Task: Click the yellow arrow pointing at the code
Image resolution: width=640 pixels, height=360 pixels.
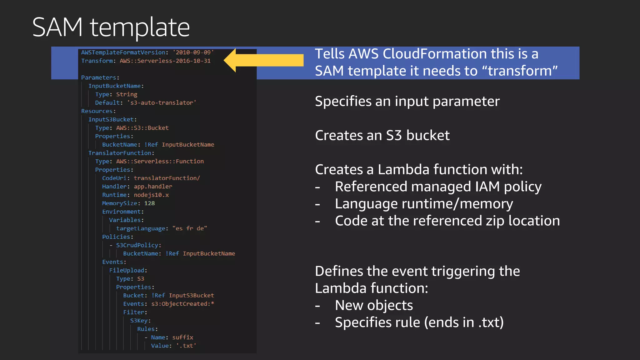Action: pyautogui.click(x=264, y=60)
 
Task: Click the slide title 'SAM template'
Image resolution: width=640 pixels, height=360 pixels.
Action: pyautogui.click(x=111, y=27)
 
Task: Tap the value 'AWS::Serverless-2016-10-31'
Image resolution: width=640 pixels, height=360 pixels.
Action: pyautogui.click(x=165, y=61)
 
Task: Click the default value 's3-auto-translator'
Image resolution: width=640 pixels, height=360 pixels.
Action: pyautogui.click(x=162, y=103)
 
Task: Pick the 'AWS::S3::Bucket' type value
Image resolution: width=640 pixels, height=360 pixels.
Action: pyautogui.click(x=142, y=128)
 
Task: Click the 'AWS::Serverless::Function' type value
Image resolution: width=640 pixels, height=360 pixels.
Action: pyautogui.click(x=160, y=161)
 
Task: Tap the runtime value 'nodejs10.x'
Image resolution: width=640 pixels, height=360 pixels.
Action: pyautogui.click(x=151, y=195)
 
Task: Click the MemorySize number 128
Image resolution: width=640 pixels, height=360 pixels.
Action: pyautogui.click(x=149, y=203)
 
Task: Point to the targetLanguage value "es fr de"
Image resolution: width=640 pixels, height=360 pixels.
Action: pyautogui.click(x=190, y=228)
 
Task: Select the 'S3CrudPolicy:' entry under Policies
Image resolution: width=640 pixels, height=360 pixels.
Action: pyautogui.click(x=138, y=245)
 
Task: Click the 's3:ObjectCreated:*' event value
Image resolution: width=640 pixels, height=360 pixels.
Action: pyautogui.click(x=182, y=304)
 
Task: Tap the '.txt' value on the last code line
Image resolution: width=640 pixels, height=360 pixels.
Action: pyautogui.click(x=186, y=346)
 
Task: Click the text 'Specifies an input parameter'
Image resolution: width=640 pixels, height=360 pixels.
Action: pyautogui.click(x=407, y=101)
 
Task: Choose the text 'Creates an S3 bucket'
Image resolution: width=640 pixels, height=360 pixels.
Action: pyautogui.click(x=382, y=135)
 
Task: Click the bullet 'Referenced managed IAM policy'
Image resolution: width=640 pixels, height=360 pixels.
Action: pyautogui.click(x=438, y=187)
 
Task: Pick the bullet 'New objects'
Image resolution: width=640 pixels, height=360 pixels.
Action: pyautogui.click(x=374, y=305)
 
